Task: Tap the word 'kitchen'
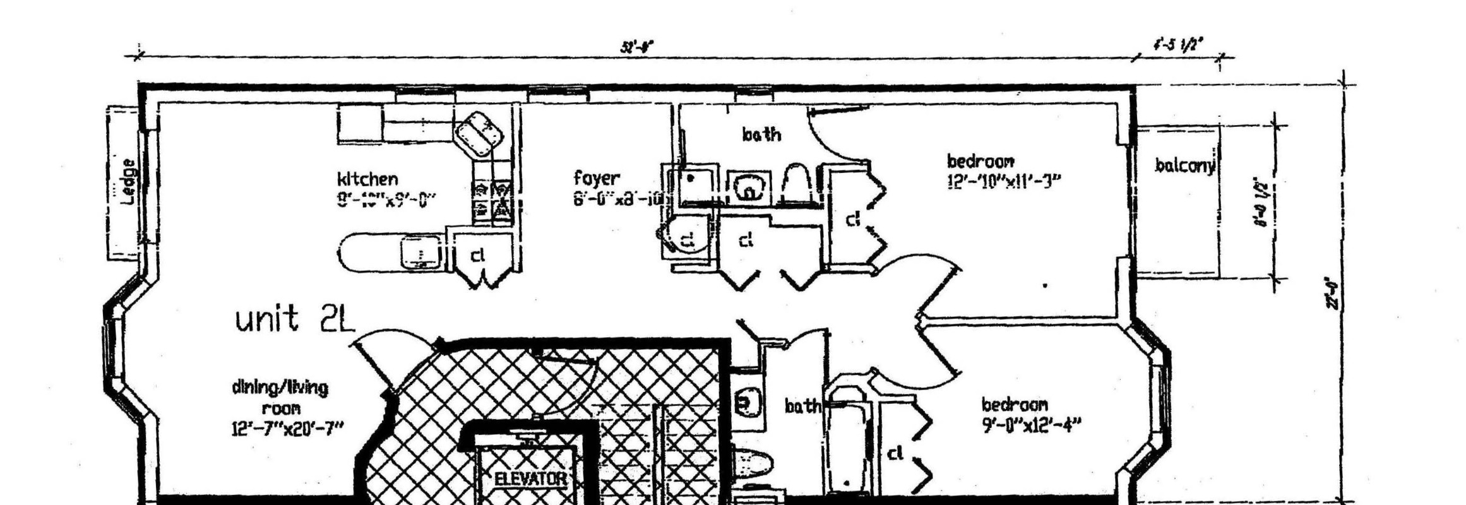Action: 367,179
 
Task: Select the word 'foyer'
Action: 597,177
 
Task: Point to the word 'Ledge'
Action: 128,182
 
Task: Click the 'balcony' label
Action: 1185,165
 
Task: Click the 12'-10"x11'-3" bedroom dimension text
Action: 1003,181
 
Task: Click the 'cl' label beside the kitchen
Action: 478,255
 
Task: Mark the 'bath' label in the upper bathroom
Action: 761,134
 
